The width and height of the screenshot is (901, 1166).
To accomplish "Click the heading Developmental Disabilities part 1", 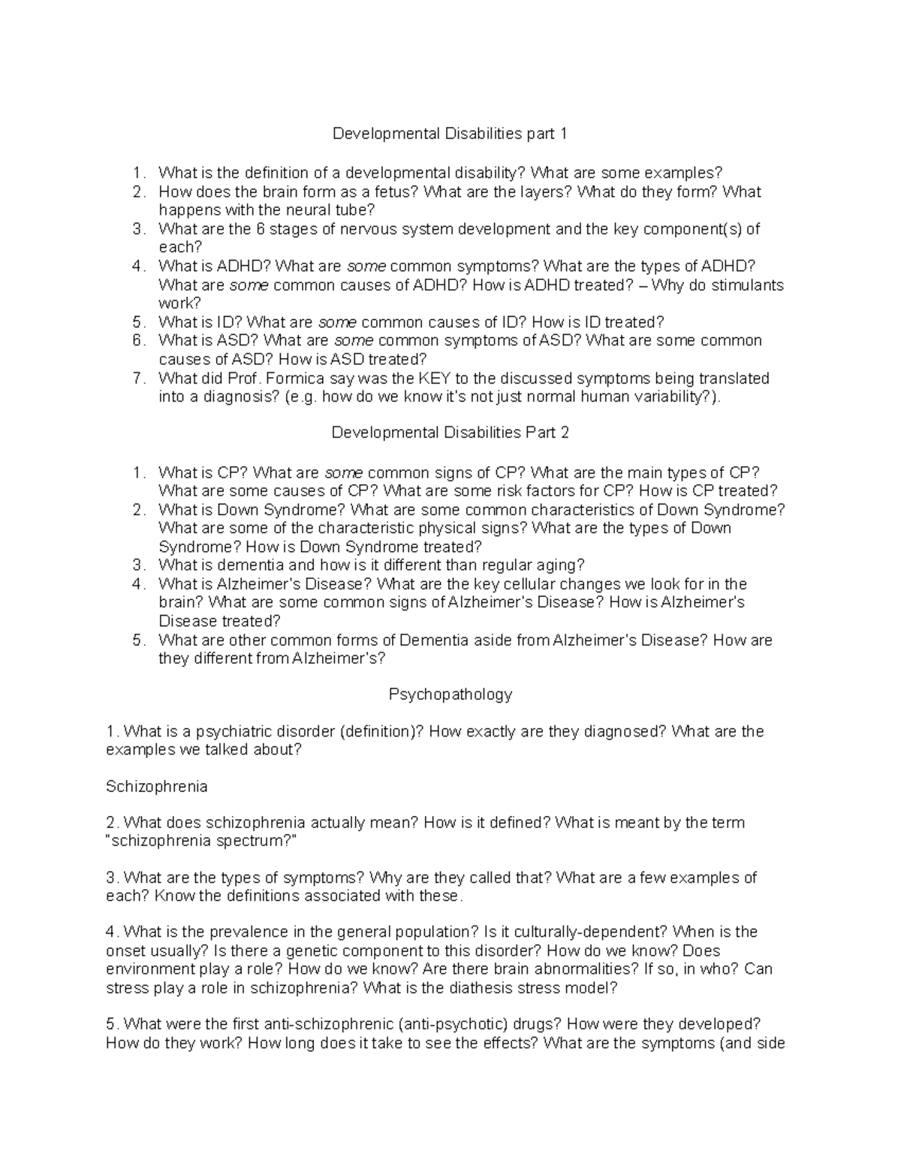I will [450, 134].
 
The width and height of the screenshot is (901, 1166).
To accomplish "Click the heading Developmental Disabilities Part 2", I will [450, 433].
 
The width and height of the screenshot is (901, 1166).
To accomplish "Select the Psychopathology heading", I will [450, 694].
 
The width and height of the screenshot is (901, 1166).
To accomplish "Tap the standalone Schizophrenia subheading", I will [157, 787].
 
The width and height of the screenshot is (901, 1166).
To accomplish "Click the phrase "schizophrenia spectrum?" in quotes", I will [201, 841].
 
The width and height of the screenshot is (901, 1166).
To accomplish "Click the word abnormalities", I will [611, 969].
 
